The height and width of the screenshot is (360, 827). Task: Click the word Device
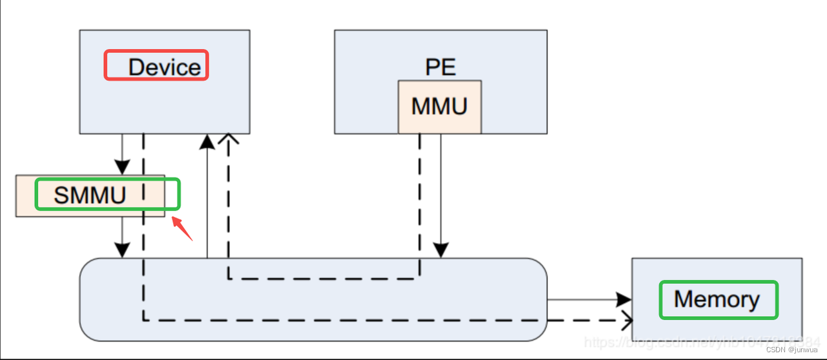click(x=164, y=67)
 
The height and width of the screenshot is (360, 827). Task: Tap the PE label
click(x=439, y=67)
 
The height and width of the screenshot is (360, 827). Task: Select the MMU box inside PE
click(x=439, y=107)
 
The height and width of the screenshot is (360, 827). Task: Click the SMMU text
click(x=90, y=195)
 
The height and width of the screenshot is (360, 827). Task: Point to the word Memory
click(x=717, y=300)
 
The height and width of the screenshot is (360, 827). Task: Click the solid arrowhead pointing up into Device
click(x=207, y=141)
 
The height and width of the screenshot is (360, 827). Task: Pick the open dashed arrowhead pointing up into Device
click(x=228, y=140)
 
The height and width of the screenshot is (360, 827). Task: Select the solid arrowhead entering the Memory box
click(x=623, y=300)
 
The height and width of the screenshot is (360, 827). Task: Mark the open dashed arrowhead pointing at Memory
click(x=625, y=319)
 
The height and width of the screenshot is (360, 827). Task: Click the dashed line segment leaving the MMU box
click(x=420, y=194)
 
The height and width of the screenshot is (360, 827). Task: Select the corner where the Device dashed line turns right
click(x=143, y=319)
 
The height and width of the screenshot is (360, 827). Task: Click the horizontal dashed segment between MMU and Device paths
click(x=323, y=279)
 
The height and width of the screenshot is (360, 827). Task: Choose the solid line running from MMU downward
click(x=441, y=187)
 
